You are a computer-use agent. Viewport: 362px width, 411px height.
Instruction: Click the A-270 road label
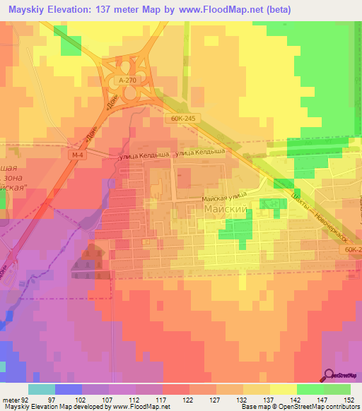point(127,81)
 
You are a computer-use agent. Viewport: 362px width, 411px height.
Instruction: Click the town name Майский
point(223,210)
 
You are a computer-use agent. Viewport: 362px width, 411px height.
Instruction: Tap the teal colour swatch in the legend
point(42,389)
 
